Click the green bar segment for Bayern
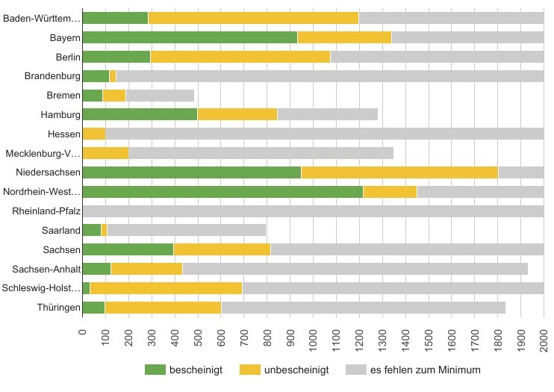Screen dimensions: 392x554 [x=190, y=37]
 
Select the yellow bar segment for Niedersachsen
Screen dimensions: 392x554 [x=399, y=172]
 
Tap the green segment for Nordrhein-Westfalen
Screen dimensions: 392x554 [x=222, y=192]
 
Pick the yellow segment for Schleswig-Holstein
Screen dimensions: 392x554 [x=166, y=288]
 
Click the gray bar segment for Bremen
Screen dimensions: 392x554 [x=160, y=96]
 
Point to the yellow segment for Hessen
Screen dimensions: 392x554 [x=94, y=134]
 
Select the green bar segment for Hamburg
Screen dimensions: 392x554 [x=140, y=114]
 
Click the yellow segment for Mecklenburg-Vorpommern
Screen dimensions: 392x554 [x=105, y=153]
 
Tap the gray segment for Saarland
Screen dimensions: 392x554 [x=186, y=230]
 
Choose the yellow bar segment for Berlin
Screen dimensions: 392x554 [x=240, y=57]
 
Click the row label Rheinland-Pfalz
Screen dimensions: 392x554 [x=46, y=211]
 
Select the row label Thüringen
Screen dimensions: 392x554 [x=59, y=308]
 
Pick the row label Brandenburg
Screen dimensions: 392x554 [x=52, y=76]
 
